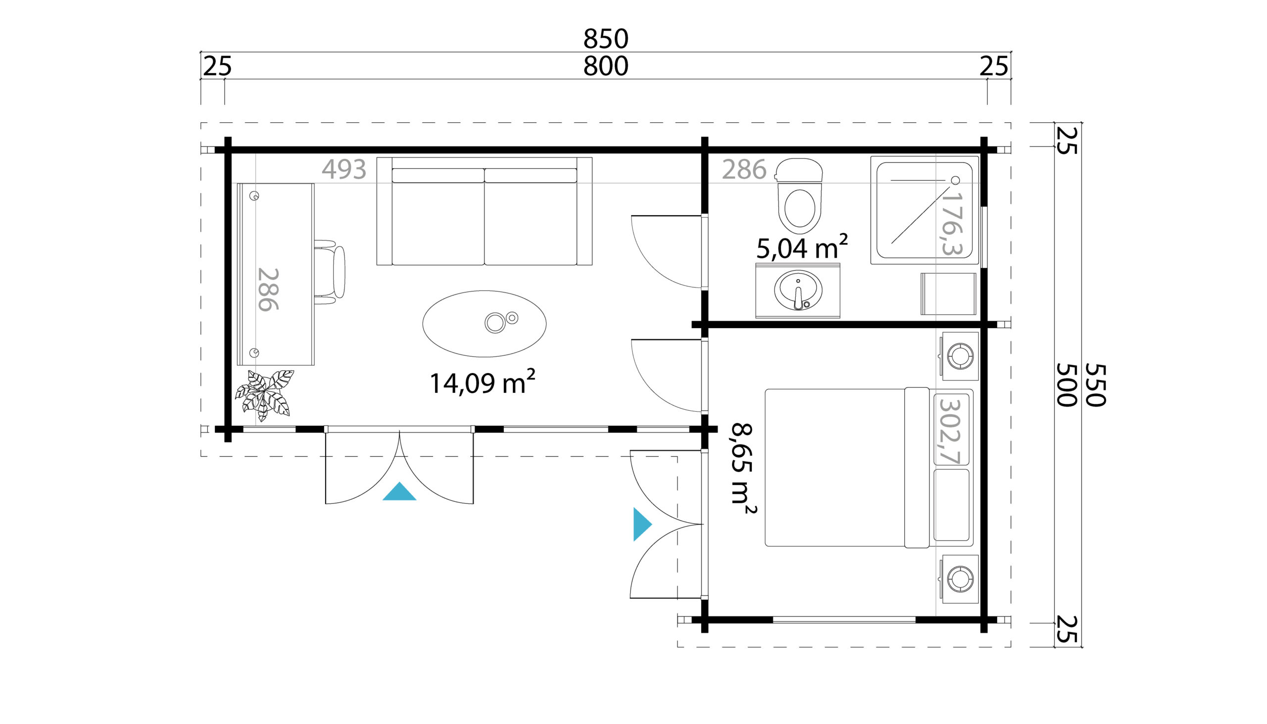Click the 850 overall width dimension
(606, 38)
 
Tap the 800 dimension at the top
(606, 66)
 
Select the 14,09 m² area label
(482, 382)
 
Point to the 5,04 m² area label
(802, 247)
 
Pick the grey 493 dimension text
(344, 169)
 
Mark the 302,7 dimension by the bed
(949, 432)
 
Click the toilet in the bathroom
(799, 196)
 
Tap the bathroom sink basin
(798, 290)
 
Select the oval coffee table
(485, 324)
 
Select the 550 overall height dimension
(1095, 385)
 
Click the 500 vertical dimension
(1067, 385)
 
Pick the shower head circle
(955, 180)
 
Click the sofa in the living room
(485, 211)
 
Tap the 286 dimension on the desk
(269, 290)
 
